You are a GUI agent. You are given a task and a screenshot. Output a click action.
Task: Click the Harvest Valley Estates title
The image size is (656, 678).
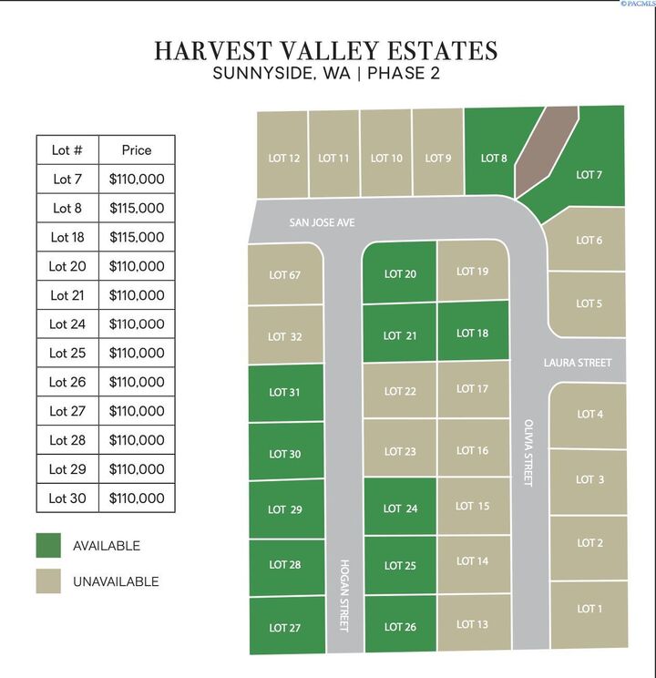[326, 50]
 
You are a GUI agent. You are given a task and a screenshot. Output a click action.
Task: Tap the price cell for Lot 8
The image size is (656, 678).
[136, 208]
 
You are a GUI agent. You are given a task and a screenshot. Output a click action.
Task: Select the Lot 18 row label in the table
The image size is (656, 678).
[67, 237]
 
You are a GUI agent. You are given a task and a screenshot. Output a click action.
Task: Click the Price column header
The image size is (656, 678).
[136, 149]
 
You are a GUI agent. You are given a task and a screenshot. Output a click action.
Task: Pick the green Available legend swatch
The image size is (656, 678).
[47, 546]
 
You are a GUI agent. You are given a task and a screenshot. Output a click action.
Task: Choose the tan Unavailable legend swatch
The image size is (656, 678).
[47, 581]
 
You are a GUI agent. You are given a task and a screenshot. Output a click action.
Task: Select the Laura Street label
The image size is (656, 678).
[578, 363]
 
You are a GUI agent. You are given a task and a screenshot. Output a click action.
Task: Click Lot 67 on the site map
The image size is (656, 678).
[284, 275]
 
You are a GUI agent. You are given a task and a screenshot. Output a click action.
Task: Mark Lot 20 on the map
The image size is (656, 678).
[400, 273]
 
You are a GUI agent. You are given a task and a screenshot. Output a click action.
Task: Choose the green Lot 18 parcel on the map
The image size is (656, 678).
[472, 334]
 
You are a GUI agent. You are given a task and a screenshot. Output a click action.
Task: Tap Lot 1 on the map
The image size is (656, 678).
[589, 609]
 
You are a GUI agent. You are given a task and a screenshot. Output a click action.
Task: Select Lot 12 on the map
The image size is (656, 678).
[283, 158]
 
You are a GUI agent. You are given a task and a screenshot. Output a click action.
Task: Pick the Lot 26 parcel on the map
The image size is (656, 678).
[400, 626]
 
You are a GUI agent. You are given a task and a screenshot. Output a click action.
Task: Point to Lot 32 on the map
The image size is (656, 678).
[284, 336]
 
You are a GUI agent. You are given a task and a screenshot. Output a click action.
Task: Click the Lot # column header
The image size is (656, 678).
[67, 149]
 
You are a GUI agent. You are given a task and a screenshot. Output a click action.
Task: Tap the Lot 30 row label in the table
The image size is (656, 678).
[67, 498]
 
